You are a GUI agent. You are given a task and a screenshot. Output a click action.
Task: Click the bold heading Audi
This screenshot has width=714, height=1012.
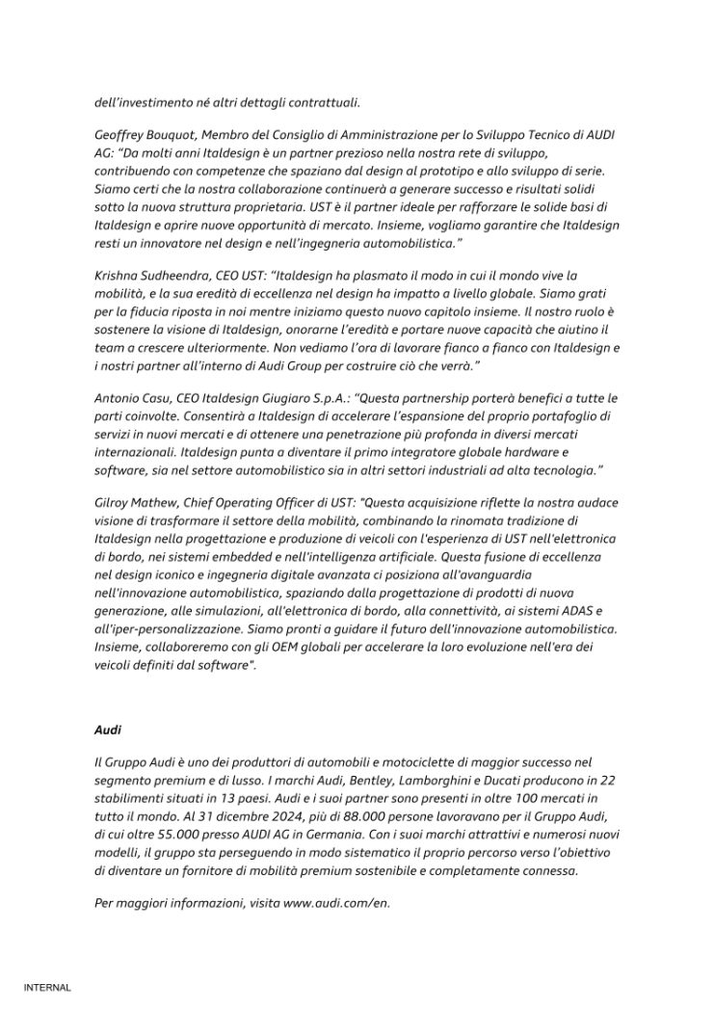click(108, 730)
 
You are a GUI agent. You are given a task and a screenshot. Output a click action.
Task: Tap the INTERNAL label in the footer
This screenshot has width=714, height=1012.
click(47, 987)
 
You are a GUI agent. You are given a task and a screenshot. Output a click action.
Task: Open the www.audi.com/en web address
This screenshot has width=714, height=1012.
click(336, 904)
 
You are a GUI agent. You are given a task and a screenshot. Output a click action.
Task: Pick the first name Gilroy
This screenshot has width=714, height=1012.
click(115, 503)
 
